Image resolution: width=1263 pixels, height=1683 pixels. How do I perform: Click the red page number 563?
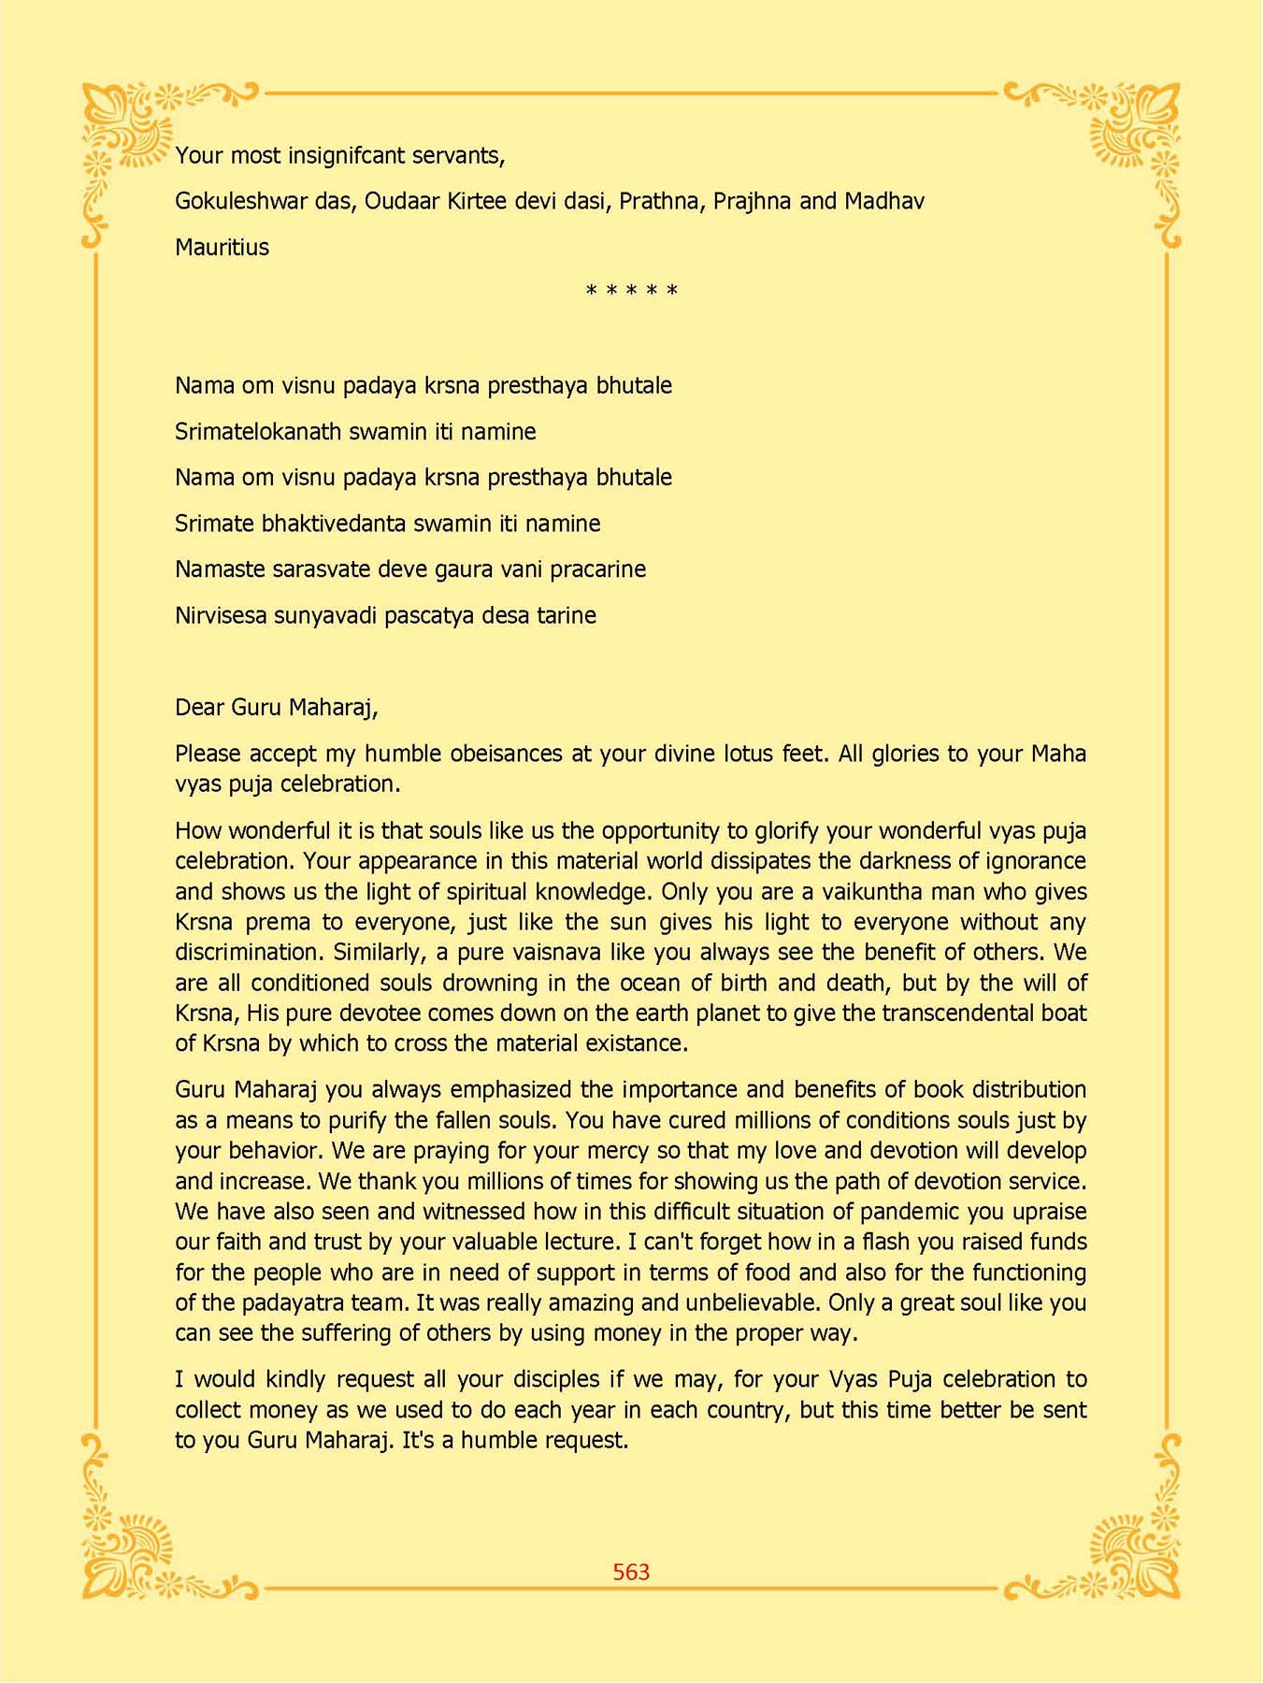(631, 1572)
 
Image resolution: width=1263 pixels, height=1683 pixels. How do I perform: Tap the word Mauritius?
(222, 247)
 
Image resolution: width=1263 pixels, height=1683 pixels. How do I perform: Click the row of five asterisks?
(631, 291)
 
